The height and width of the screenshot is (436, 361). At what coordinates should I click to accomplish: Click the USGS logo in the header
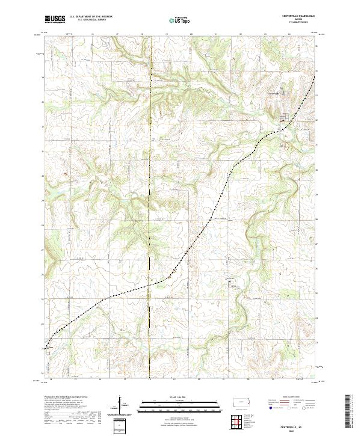pyautogui.click(x=55, y=19)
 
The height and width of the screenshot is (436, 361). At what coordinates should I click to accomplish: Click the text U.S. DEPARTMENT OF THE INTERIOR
pyautogui.click(x=91, y=17)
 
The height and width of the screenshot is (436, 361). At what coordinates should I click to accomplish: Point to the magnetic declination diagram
pyautogui.click(x=120, y=405)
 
